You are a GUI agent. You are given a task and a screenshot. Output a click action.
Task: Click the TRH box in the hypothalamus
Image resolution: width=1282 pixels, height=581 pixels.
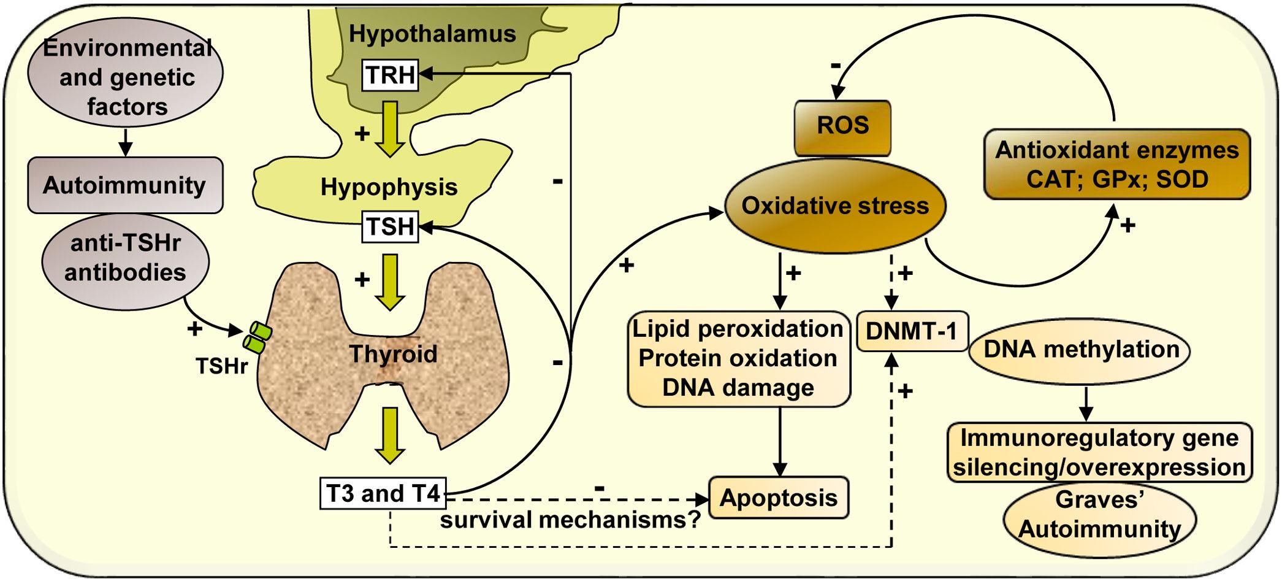coord(390,75)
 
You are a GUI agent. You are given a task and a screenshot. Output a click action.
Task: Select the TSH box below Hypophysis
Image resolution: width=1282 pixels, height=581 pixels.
coord(391,226)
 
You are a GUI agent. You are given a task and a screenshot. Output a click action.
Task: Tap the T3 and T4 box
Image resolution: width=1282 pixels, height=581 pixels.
coord(383,493)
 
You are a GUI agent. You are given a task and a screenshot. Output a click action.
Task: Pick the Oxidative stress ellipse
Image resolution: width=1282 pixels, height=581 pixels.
coord(835,206)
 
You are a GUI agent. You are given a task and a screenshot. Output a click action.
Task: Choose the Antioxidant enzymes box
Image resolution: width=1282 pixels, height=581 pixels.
coord(1116,164)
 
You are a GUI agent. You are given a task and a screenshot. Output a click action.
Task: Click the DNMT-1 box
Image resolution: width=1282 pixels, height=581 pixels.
coord(912,331)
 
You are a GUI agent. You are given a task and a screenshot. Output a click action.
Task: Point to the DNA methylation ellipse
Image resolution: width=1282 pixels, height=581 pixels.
coord(1080,350)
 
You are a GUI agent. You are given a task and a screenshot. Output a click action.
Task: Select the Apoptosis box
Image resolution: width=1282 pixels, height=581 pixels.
coord(779,498)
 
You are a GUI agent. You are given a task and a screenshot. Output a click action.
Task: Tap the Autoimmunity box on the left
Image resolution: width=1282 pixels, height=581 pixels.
coord(125,185)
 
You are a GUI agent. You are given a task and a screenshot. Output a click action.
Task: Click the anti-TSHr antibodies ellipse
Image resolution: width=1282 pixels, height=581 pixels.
coord(126,258)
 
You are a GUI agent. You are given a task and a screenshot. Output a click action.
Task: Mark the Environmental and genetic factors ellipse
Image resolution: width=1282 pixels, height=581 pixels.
coord(126,77)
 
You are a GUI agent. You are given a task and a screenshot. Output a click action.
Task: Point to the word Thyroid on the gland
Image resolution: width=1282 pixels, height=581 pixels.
coord(393,354)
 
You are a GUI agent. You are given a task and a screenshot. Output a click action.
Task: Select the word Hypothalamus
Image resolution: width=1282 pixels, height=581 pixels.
coord(432,33)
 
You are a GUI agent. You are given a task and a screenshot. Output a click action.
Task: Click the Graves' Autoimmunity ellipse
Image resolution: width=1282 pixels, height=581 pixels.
coord(1100,515)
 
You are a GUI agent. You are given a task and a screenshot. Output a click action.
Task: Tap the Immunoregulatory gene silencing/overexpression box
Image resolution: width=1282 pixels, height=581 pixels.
coord(1099,453)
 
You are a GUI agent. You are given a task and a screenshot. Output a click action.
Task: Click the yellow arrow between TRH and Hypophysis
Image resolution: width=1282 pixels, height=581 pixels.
coord(390,128)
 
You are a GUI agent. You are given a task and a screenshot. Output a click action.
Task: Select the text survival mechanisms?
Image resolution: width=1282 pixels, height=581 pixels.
coord(570,520)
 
